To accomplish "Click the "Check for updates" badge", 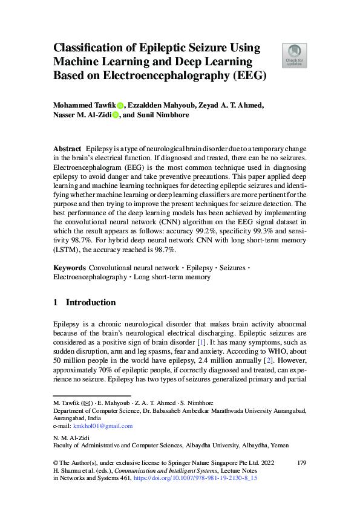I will pyautogui.click(x=294, y=55).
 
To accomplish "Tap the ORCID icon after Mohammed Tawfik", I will pyautogui.click(x=120, y=105).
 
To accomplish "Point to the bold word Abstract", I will pyautogui.click(x=67, y=149).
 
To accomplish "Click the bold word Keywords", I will pyautogui.click(x=69, y=267).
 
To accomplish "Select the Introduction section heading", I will pyautogui.click(x=90, y=302).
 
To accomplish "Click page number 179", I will pyautogui.click(x=303, y=463).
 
